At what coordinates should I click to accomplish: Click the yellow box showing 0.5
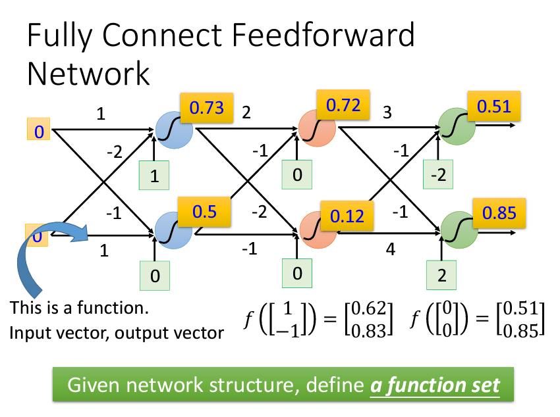pyautogui.click(x=204, y=211)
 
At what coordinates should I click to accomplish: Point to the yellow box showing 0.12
pyautogui.click(x=347, y=215)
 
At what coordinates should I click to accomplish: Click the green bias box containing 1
pyautogui.click(x=154, y=176)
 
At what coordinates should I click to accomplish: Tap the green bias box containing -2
pyautogui.click(x=439, y=176)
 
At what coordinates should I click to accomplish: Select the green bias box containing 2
pyautogui.click(x=442, y=276)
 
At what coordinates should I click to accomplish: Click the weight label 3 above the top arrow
pyautogui.click(x=387, y=113)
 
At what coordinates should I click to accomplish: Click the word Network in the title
pyautogui.click(x=88, y=74)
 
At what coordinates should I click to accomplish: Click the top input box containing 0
pyautogui.click(x=39, y=130)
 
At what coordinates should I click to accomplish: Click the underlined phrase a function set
pyautogui.click(x=434, y=385)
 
